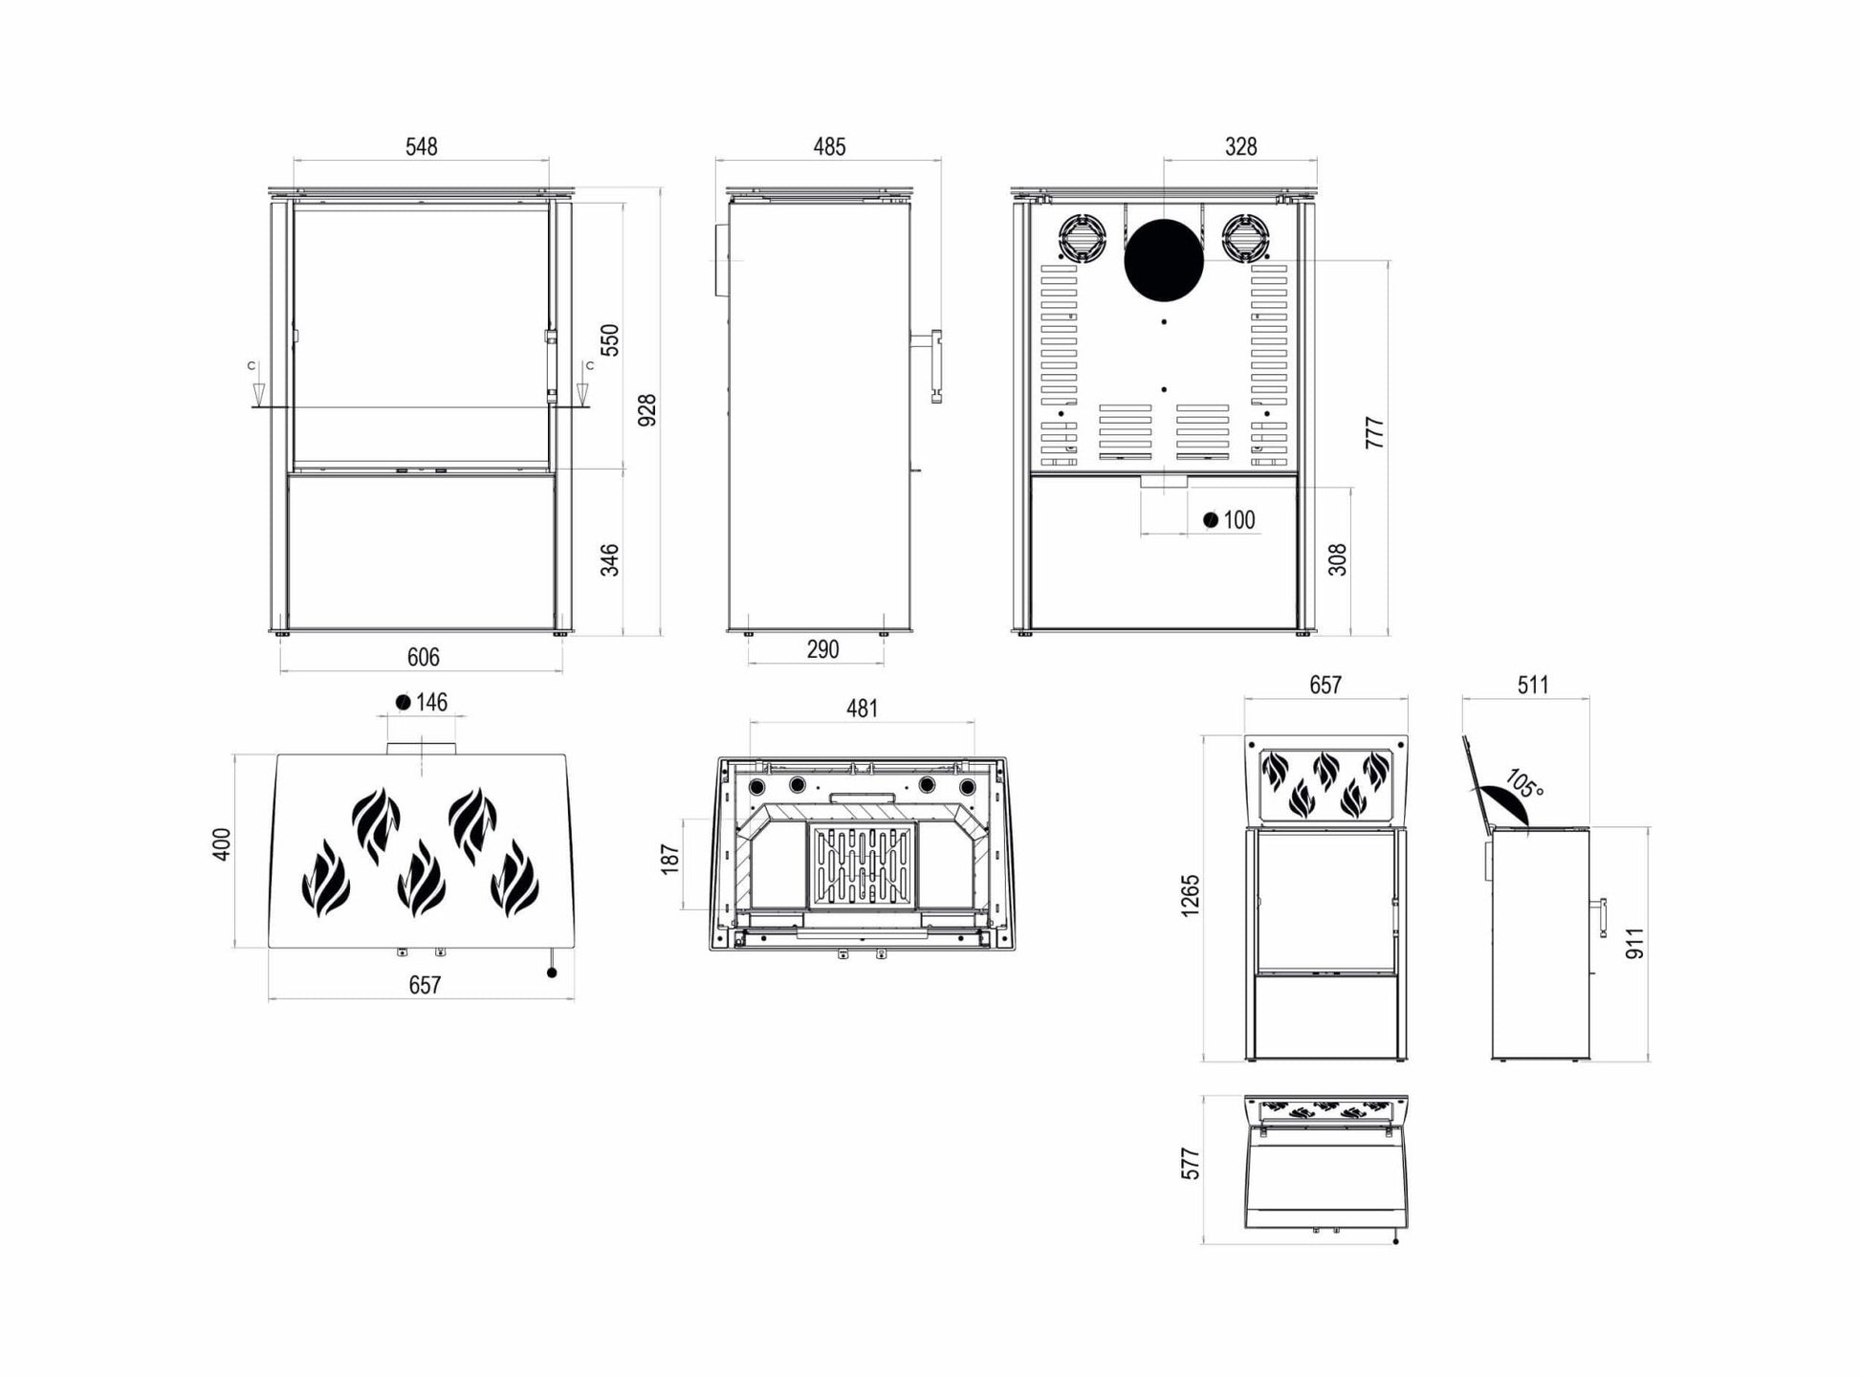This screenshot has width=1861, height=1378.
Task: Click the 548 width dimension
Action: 421,146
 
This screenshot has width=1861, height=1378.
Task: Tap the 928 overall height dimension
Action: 647,409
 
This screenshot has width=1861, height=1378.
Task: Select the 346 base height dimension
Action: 609,559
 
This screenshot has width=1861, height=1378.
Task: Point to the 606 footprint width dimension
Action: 423,657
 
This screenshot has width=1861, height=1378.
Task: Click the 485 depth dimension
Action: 829,146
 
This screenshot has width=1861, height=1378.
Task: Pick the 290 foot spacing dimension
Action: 822,649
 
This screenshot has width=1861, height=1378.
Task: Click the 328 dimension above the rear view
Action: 1240,146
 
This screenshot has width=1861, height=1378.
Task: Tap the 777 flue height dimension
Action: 1374,432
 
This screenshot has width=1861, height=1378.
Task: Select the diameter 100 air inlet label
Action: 1230,520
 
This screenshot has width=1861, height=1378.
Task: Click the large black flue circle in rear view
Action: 1163,259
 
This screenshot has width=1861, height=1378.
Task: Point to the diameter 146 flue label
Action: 422,703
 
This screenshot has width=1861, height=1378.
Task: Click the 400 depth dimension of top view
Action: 221,843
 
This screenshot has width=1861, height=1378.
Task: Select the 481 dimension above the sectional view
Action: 862,709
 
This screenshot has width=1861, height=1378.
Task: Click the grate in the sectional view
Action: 863,866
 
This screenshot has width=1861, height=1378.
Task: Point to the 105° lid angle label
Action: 1522,784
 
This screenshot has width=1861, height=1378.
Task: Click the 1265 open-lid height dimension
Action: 1190,895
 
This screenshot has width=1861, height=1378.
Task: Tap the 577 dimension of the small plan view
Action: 1190,1164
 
